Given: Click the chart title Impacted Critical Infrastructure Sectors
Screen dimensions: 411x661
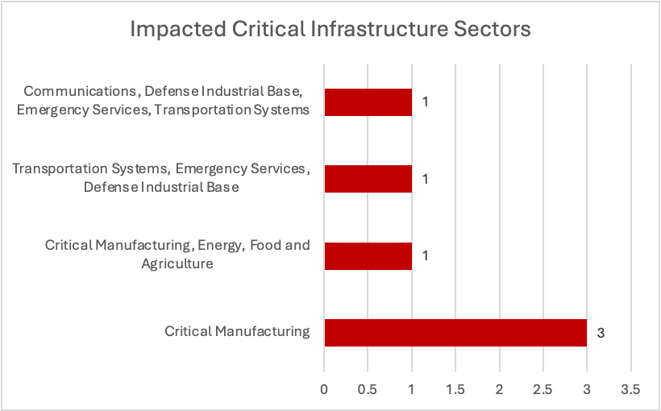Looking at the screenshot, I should click(x=330, y=29).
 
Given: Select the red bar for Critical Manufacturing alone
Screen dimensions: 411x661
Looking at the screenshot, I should click(x=455, y=332).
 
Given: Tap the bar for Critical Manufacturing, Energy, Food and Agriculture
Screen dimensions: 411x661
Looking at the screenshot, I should click(x=368, y=255).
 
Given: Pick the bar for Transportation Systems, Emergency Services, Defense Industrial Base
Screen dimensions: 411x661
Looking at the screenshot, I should click(x=368, y=179).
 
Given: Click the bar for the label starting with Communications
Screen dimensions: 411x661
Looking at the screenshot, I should click(x=368, y=102).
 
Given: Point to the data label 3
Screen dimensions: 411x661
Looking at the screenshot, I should click(x=601, y=332).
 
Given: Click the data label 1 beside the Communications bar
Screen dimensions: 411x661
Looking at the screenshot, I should click(x=425, y=102).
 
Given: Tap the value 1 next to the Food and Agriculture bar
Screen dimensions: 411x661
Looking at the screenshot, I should click(x=425, y=255).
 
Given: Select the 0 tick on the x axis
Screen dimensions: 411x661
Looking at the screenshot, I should click(x=324, y=389).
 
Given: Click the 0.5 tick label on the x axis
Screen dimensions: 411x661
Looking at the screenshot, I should click(x=368, y=389).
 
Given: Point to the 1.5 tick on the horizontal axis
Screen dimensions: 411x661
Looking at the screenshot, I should click(x=455, y=389).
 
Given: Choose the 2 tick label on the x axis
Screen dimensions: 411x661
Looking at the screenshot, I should click(x=500, y=389).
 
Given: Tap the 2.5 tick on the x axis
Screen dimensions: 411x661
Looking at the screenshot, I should click(x=543, y=389).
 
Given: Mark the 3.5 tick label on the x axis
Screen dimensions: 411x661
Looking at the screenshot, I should click(x=630, y=389).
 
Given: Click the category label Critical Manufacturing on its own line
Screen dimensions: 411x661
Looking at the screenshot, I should click(x=237, y=331).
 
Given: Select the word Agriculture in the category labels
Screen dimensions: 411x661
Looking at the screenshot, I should click(x=177, y=264).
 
